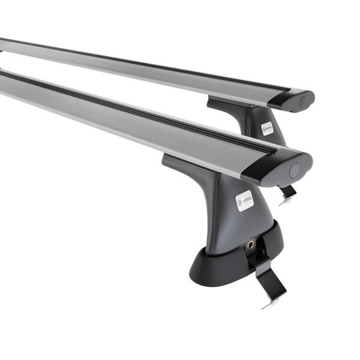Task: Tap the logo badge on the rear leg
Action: (x=267, y=128)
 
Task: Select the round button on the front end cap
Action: (x=295, y=169)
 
